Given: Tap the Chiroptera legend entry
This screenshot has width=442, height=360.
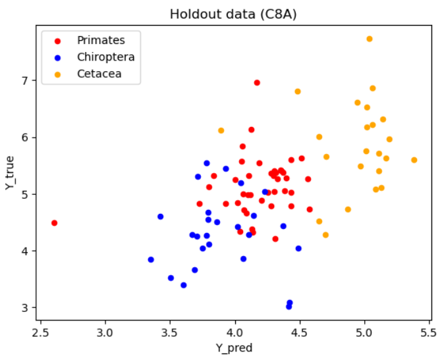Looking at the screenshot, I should [x=105, y=57].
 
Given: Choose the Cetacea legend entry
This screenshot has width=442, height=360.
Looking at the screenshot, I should [x=99, y=74].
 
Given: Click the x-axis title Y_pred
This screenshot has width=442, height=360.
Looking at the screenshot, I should [x=235, y=348].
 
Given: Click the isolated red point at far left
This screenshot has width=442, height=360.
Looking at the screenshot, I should [x=54, y=223].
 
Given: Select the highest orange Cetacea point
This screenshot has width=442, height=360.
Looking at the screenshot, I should [x=370, y=39].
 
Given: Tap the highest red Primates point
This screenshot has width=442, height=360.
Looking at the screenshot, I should [x=257, y=82].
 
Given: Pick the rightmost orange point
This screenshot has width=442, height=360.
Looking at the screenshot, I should [x=414, y=160].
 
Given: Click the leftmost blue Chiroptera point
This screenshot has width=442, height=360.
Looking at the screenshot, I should [x=151, y=259].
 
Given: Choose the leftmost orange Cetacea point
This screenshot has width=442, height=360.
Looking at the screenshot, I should [x=221, y=130].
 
